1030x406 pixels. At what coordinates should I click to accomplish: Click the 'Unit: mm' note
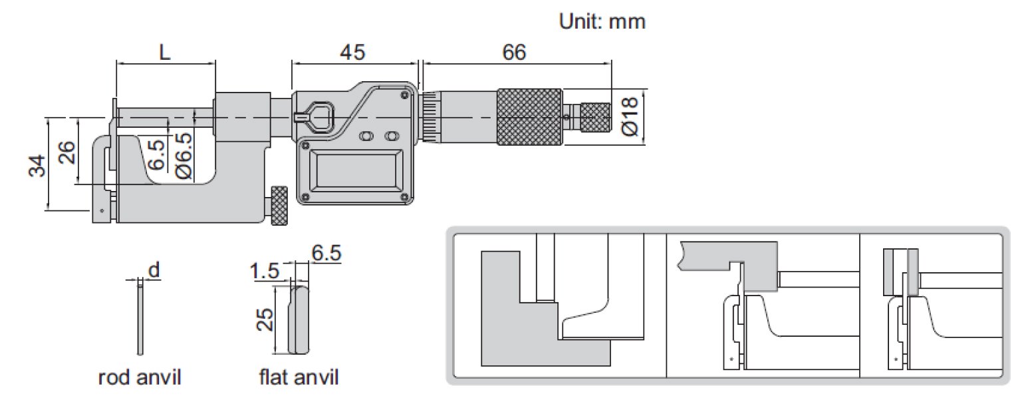[602, 22]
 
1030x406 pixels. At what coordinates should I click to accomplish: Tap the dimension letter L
[165, 52]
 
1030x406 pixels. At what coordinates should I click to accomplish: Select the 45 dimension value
[352, 52]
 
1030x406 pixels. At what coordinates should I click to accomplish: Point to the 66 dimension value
[513, 52]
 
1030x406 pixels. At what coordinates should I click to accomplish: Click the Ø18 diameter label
[630, 116]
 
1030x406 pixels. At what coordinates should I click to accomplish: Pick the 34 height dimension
[37, 166]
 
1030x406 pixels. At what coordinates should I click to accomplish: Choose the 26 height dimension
[66, 152]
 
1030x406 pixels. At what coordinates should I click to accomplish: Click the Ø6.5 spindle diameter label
[184, 156]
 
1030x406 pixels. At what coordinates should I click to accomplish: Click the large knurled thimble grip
[529, 117]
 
